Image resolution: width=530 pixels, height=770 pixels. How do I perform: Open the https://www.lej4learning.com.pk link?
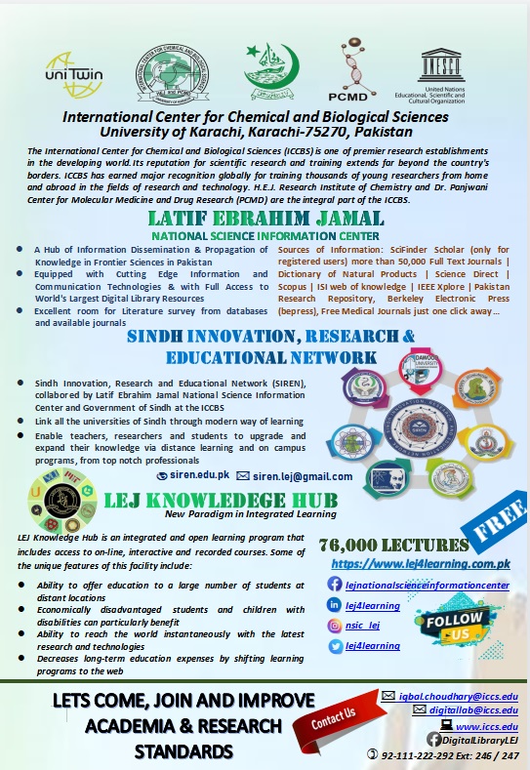pyautogui.click(x=421, y=564)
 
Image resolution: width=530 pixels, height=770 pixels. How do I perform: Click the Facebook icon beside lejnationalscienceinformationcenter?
pyautogui.click(x=336, y=585)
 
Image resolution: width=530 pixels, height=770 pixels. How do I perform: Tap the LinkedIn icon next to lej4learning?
pyautogui.click(x=336, y=606)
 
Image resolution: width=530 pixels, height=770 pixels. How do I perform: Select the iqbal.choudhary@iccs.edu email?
pyautogui.click(x=458, y=695)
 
